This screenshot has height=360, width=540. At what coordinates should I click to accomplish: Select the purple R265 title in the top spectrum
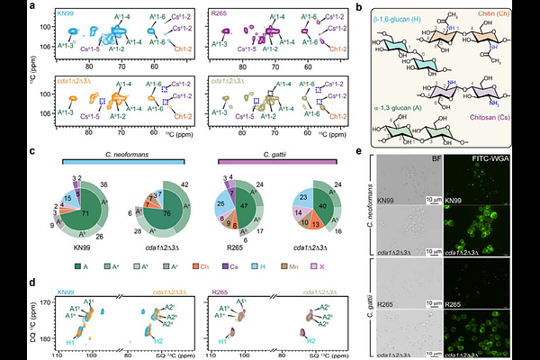coord(218,15)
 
